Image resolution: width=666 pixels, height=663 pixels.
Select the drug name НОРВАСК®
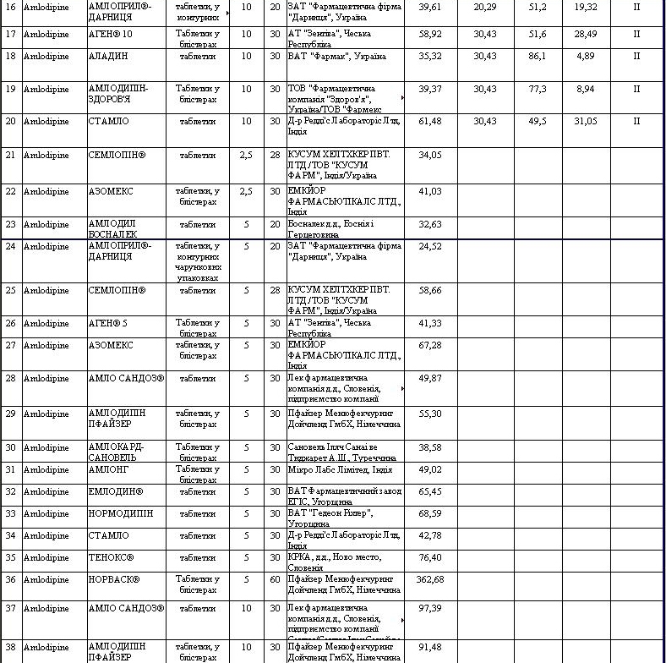pyautogui.click(x=114, y=579)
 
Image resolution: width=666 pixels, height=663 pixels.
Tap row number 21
pyautogui.click(x=11, y=155)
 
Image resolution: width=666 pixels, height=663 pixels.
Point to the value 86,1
pyautogui.click(x=538, y=56)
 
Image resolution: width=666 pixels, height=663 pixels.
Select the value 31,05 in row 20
pyautogui.click(x=586, y=121)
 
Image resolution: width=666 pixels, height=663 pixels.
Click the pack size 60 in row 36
pyautogui.click(x=275, y=579)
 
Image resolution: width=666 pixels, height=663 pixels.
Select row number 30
pyautogui.click(x=11, y=447)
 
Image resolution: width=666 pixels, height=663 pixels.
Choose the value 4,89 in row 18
pyautogui.click(x=586, y=56)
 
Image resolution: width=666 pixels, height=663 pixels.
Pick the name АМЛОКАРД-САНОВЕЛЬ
pyautogui.click(x=117, y=452)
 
